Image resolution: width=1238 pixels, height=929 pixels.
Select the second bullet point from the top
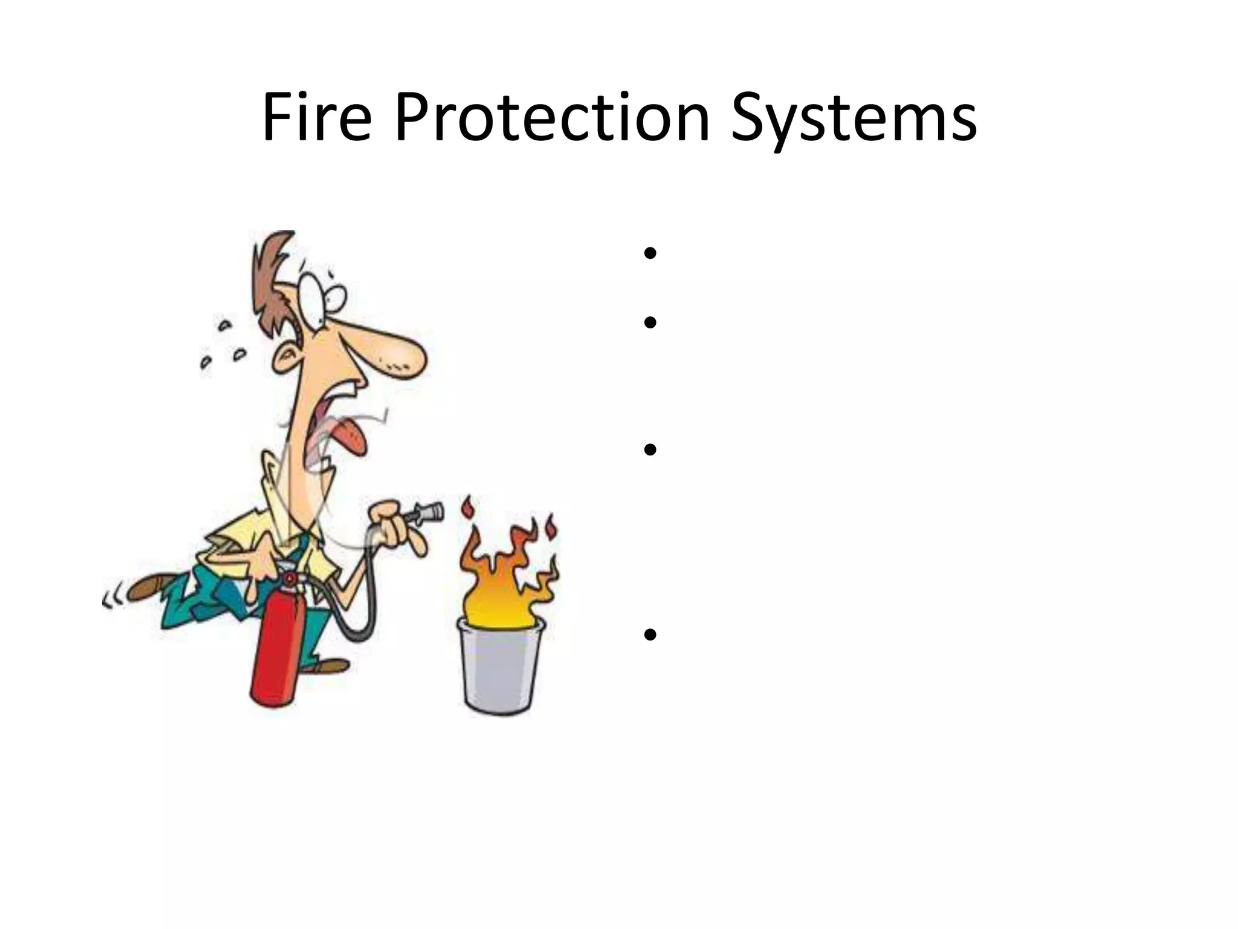click(650, 322)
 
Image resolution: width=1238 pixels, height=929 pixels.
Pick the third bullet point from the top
click(650, 449)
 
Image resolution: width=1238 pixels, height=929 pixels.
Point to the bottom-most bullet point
click(650, 634)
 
